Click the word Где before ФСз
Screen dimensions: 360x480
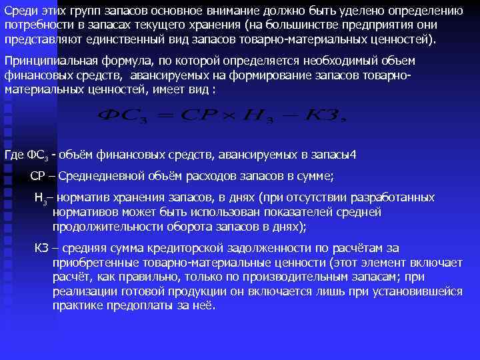pos(14,155)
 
